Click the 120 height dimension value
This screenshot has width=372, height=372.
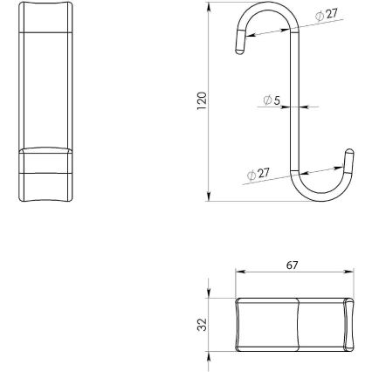(201, 100)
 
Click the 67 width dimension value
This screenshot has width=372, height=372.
(297, 265)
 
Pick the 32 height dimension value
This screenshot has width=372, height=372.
(201, 323)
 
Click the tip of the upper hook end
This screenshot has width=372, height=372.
(239, 53)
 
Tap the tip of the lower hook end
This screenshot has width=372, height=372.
(352, 155)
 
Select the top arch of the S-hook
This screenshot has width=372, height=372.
(267, 12)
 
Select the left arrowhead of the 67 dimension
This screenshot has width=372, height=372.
(238, 273)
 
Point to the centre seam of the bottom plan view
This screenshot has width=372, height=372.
(298, 324)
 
